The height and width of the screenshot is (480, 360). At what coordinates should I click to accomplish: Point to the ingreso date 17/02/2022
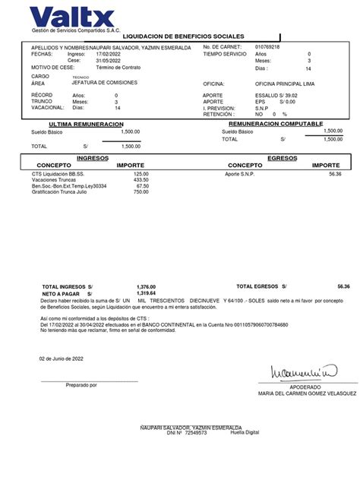[x=109, y=55]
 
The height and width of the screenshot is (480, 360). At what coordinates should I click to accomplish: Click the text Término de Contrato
[x=119, y=68]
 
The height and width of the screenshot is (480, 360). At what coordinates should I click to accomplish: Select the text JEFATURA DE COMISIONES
[x=105, y=82]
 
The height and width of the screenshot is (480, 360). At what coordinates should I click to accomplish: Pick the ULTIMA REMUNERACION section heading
[x=86, y=123]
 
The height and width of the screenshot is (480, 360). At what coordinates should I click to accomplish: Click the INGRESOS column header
[x=93, y=157]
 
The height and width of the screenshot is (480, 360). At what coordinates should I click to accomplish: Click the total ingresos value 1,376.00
[x=146, y=286]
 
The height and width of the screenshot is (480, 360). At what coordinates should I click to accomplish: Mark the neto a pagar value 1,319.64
[x=146, y=293]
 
